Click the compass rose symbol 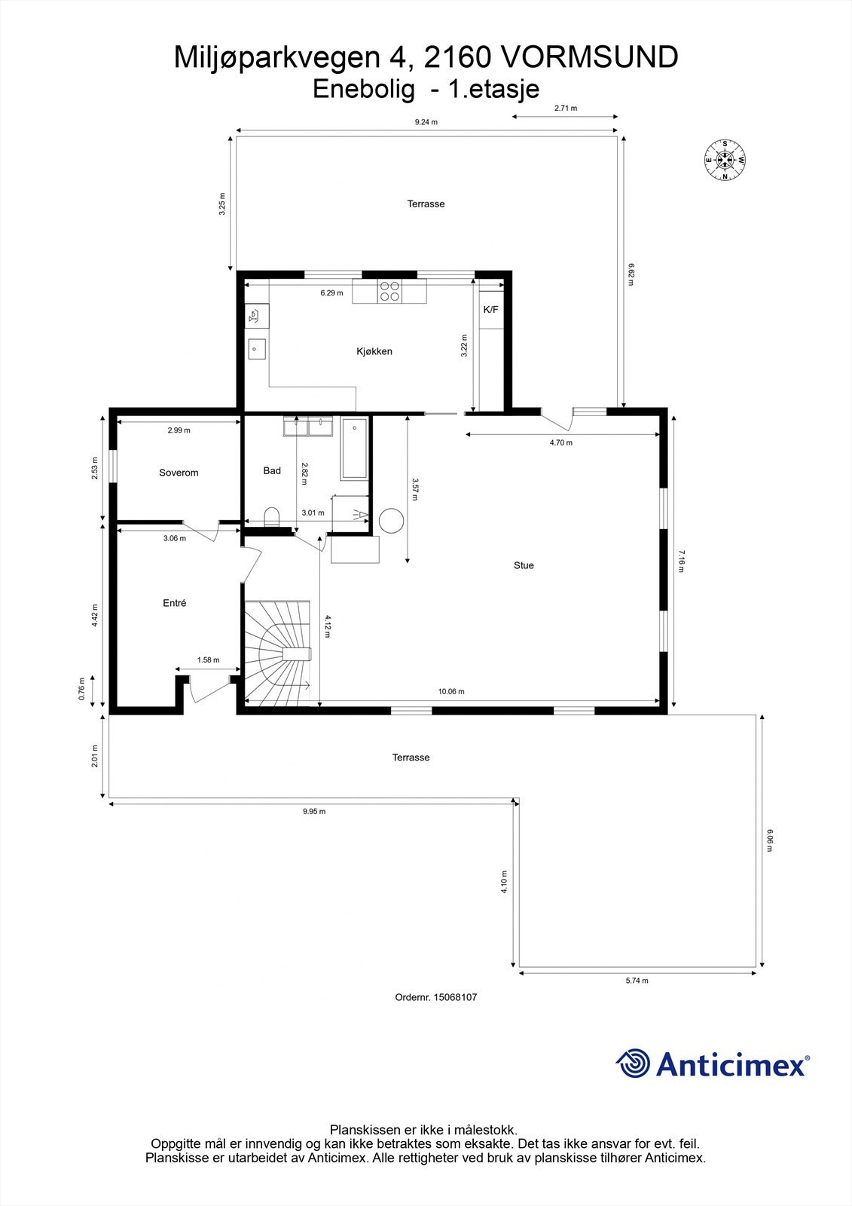[x=724, y=160]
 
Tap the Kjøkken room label [x=374, y=351]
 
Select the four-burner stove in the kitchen [x=389, y=291]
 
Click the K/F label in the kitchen [x=490, y=310]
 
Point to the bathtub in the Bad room [x=354, y=449]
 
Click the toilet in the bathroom [x=272, y=516]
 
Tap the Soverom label [x=179, y=473]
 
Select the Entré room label [x=174, y=603]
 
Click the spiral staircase [x=277, y=652]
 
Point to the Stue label [x=524, y=565]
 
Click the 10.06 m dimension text [x=451, y=691]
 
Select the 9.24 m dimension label [x=426, y=121]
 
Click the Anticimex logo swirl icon [x=633, y=1064]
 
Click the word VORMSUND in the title [x=589, y=57]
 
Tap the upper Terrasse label [x=426, y=204]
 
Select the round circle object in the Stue [x=392, y=521]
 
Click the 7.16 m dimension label [x=682, y=562]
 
